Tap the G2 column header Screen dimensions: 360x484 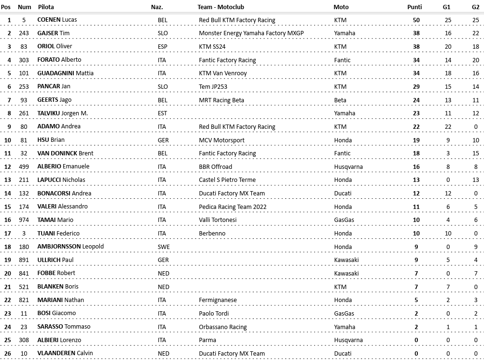[475, 7]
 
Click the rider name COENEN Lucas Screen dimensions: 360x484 [57, 20]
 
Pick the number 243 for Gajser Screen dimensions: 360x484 [28, 33]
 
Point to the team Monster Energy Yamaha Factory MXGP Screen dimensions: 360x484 [251, 33]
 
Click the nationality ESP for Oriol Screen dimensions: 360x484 [163, 47]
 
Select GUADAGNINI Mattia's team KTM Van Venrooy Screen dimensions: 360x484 [222, 73]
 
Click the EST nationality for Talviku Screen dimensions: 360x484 [163, 113]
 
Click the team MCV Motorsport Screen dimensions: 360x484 [221, 140]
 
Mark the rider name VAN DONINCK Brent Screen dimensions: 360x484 [65, 153]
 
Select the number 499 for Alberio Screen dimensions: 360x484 [28, 166]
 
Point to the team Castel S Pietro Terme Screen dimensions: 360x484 [227, 180]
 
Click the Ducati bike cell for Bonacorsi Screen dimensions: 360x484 [343, 194]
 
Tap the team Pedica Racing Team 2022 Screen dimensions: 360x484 [233, 207]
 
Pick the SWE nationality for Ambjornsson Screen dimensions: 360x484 [163, 247]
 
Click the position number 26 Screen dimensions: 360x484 [9, 353]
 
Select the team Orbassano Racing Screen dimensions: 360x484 [222, 327]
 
